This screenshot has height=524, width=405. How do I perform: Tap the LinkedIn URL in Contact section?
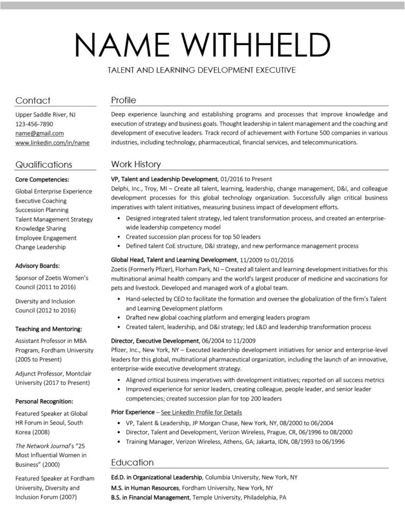(x=52, y=143)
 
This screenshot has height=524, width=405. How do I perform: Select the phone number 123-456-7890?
(x=34, y=124)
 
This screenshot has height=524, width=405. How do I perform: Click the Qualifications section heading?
(x=44, y=164)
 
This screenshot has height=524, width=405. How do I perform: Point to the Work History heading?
(x=136, y=164)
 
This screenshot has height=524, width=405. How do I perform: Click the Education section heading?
(x=132, y=462)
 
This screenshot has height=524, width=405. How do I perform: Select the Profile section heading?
(x=123, y=100)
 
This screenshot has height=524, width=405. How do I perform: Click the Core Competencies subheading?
(x=42, y=180)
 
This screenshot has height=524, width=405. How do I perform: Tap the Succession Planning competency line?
(x=41, y=210)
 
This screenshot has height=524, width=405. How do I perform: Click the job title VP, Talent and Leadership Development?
(x=164, y=179)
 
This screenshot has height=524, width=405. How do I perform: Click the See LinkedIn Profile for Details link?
(x=201, y=412)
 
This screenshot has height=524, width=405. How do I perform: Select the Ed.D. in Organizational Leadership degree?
(x=157, y=477)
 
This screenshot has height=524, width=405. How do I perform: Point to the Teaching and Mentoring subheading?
(x=49, y=329)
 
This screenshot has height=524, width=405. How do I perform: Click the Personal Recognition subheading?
(x=44, y=401)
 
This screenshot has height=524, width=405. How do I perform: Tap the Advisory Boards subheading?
(x=37, y=266)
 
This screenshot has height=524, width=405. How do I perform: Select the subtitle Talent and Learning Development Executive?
(x=202, y=70)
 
